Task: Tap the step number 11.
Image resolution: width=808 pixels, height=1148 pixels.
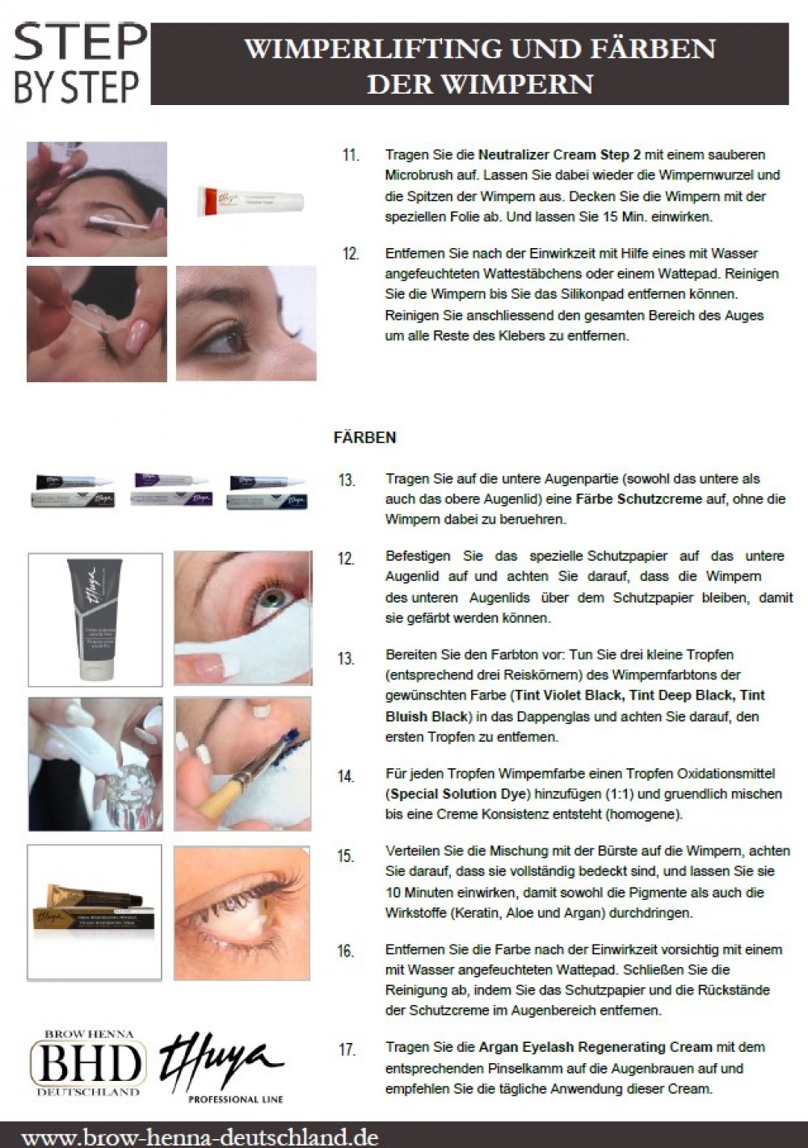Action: coord(351,155)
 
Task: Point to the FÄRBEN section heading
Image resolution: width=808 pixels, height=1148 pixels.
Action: coord(365,437)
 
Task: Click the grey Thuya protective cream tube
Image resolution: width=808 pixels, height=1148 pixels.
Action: coord(95,619)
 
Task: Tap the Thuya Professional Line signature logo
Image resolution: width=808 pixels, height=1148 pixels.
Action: coord(221,1067)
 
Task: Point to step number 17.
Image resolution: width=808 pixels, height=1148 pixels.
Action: coord(347,1050)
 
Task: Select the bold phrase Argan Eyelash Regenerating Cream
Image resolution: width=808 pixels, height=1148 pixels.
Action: coord(595,1047)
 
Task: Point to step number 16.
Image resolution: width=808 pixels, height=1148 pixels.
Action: coord(346,951)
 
